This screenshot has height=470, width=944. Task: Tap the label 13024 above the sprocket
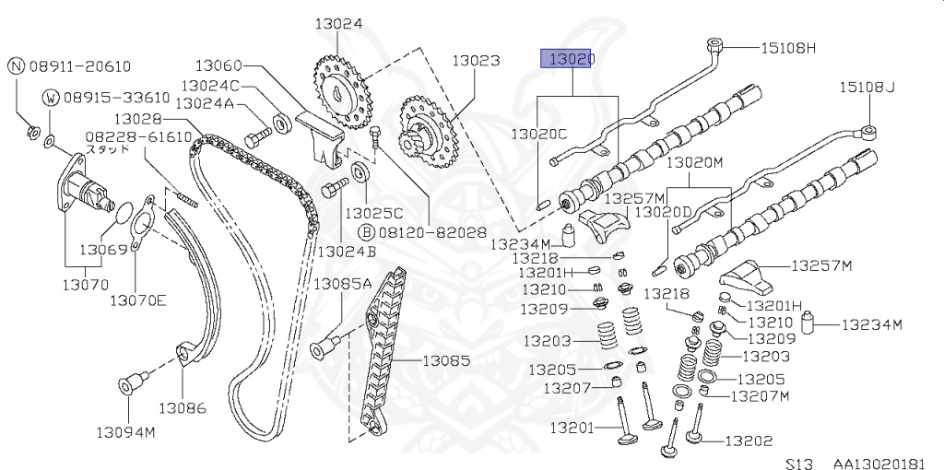coord(337,24)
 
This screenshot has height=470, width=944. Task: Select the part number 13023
coord(476,62)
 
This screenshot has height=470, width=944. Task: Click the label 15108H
coord(788,47)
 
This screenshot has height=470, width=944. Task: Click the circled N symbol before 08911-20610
coord(17,65)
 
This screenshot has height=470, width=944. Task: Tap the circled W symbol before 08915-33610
coord(52,97)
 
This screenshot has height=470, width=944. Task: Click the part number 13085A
coord(342,283)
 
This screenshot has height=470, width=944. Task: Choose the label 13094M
coord(124,430)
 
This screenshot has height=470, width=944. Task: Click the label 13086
coord(182,406)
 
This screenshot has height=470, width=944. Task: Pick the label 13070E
coord(137,299)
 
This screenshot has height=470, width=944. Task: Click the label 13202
coord(749,441)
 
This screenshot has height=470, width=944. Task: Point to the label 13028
coord(138,119)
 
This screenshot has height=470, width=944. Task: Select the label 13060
coord(218,65)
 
